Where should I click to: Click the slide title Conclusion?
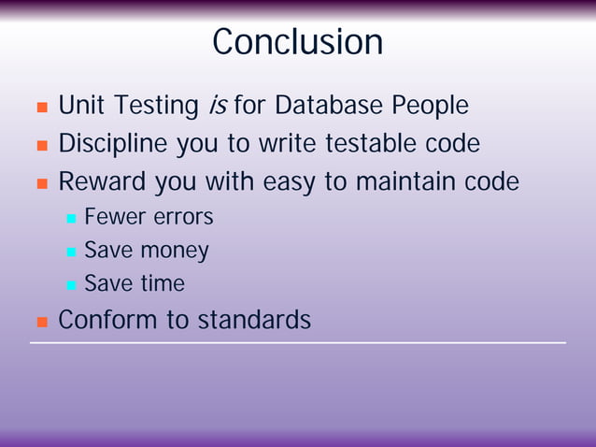click(297, 42)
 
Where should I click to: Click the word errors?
click(182, 217)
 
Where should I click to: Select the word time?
click(163, 283)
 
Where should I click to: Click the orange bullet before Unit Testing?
click(41, 108)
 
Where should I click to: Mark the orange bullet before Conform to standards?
click(41, 322)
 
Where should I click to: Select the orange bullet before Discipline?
click(41, 146)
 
